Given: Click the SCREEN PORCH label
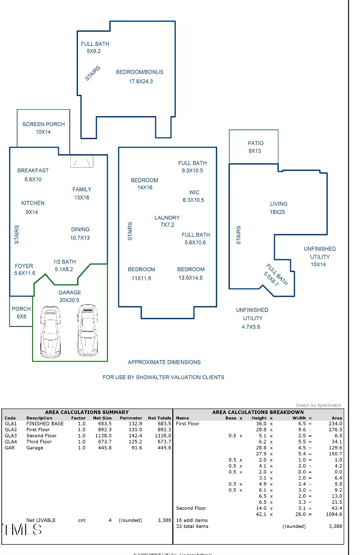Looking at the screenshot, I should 44,124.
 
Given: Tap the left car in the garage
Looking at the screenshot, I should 50,331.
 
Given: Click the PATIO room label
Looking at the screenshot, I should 255,143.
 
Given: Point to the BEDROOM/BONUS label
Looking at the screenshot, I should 140,72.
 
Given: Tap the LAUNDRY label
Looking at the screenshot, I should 167,218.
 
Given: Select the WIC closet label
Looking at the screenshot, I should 194,192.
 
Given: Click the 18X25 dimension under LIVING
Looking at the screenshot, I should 277,212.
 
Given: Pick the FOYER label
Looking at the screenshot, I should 24,266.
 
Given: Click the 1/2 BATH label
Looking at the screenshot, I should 64,262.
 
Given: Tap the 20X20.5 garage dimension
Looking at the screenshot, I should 69,300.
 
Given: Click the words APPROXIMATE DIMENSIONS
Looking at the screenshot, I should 164,362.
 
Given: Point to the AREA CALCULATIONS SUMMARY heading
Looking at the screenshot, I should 87,412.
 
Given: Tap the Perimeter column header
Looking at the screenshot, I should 131,418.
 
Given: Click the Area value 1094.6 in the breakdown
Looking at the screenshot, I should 334,514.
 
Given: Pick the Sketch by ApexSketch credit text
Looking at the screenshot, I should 318,405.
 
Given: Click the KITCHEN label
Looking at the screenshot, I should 33,203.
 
